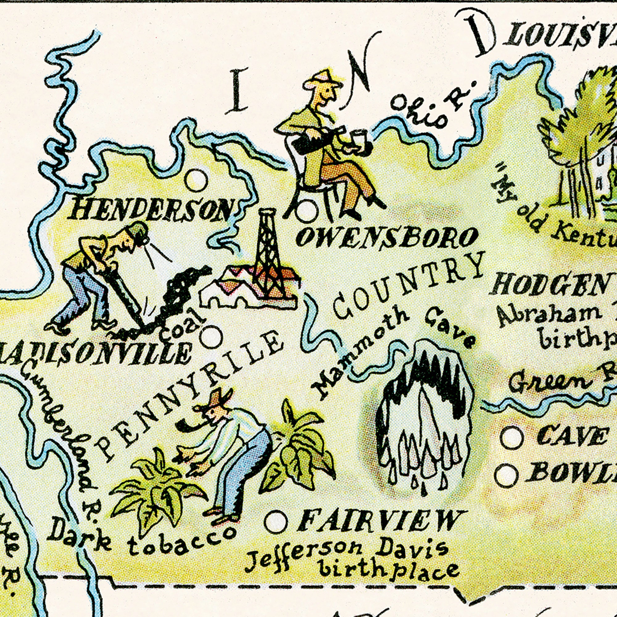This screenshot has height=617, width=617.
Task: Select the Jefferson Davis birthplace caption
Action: click(x=351, y=564)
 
